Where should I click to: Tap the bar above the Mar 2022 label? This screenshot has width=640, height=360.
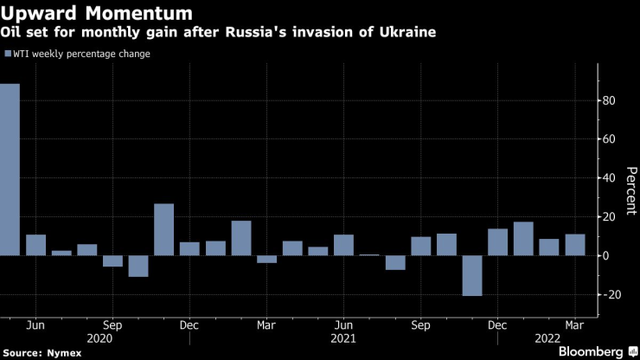pyautogui.click(x=575, y=245)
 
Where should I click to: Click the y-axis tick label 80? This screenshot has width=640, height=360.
pyautogui.click(x=611, y=101)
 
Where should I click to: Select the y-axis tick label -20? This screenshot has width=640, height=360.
pyautogui.click(x=613, y=294)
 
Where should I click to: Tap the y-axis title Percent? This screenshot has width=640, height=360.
pyautogui.click(x=630, y=198)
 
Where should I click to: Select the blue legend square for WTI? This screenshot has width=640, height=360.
pyautogui.click(x=8, y=55)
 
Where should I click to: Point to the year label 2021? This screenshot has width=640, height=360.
pyautogui.click(x=343, y=340)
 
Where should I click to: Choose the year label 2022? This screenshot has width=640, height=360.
pyautogui.click(x=549, y=340)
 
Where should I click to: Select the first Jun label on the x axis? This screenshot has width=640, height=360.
pyautogui.click(x=35, y=325)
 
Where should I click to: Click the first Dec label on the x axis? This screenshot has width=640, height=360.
pyautogui.click(x=190, y=325)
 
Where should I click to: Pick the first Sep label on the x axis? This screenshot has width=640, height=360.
pyautogui.click(x=112, y=325)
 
